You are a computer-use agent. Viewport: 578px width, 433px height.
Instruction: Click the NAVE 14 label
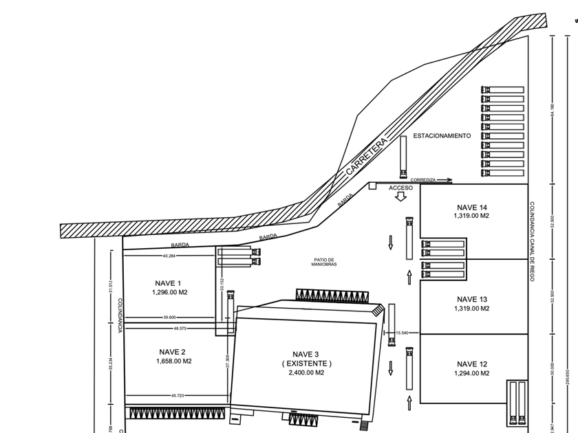coord(471,207)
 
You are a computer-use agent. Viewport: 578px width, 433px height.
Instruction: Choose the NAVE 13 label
coord(471,299)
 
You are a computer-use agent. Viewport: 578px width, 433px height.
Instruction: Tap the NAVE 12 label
coord(471,364)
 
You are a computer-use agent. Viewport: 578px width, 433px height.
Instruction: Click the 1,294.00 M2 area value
coord(471,373)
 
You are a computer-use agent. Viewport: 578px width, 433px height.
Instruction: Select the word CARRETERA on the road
coord(368,159)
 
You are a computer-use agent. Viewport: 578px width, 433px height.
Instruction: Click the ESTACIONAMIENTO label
coord(442,136)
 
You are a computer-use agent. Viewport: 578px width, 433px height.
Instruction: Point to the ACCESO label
coord(400,188)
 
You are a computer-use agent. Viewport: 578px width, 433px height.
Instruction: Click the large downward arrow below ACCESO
coord(400,197)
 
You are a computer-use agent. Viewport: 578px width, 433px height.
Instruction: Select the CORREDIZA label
coord(423,179)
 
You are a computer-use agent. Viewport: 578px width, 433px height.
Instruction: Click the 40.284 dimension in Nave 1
coord(169,256)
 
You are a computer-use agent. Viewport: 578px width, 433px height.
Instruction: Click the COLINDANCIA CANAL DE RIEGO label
coord(532,243)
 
